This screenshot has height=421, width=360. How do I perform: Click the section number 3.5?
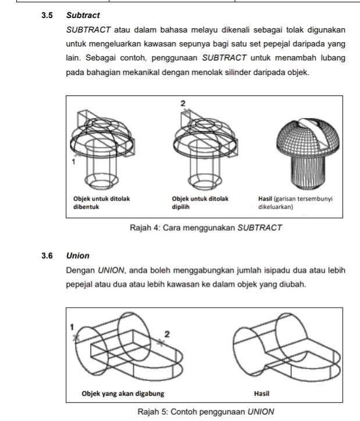coord(48,14)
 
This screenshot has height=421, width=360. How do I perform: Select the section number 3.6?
coord(48,255)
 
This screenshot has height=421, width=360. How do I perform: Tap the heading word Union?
coord(78,255)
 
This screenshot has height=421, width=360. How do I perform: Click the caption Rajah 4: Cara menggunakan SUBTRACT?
coord(206,227)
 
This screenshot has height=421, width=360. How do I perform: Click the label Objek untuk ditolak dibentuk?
coord(101,202)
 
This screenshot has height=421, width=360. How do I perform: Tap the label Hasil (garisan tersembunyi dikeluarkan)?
coord(295,202)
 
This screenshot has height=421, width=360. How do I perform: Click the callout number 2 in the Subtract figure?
coord(183,103)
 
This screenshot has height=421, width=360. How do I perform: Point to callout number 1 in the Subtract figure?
coord(74,163)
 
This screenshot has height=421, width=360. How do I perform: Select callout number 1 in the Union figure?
coord(72,327)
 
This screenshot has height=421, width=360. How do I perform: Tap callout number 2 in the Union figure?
coord(167,334)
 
